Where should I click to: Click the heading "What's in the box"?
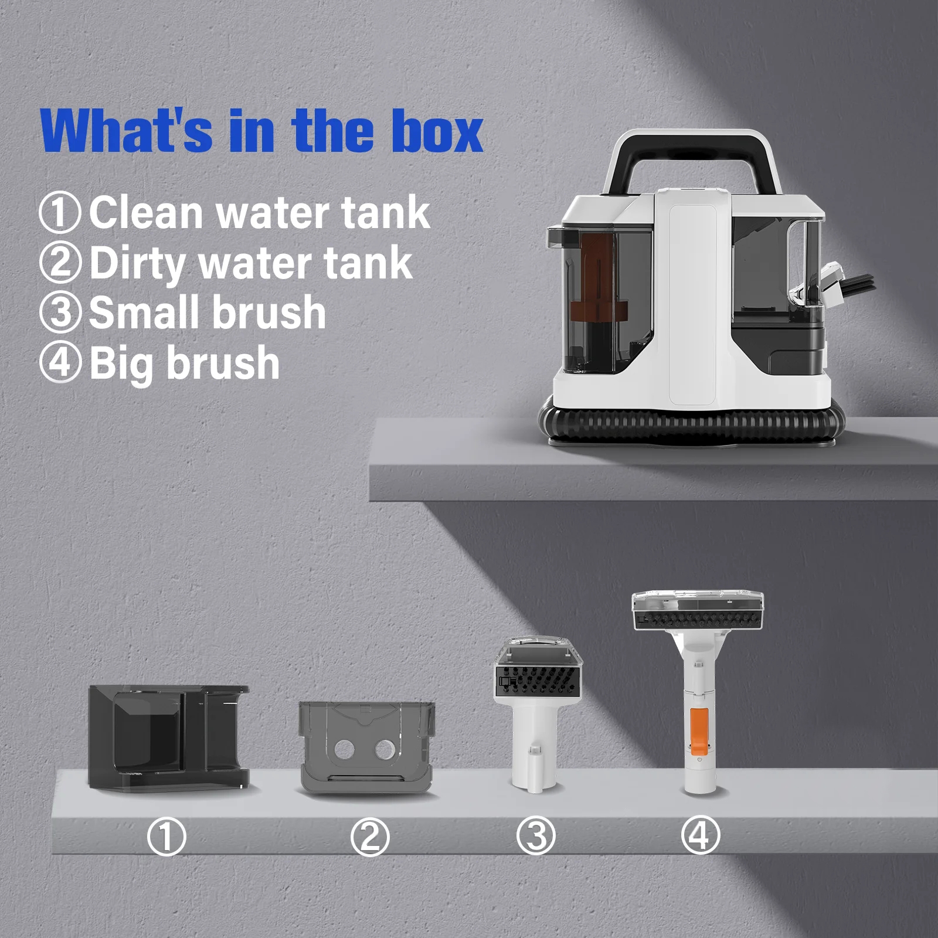(262, 131)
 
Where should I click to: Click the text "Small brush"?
(207, 312)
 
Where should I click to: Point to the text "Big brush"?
(184, 363)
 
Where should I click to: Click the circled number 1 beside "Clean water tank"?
(59, 213)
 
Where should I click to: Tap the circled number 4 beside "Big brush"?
(59, 363)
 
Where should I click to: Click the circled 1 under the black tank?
(166, 837)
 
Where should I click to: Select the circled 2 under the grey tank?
(369, 837)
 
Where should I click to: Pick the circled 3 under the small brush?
(535, 835)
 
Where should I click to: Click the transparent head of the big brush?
(698, 610)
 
